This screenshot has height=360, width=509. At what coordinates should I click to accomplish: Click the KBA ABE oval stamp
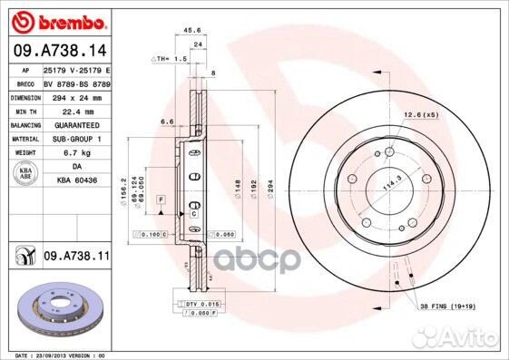24,172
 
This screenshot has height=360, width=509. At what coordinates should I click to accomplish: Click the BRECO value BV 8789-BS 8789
77,82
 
